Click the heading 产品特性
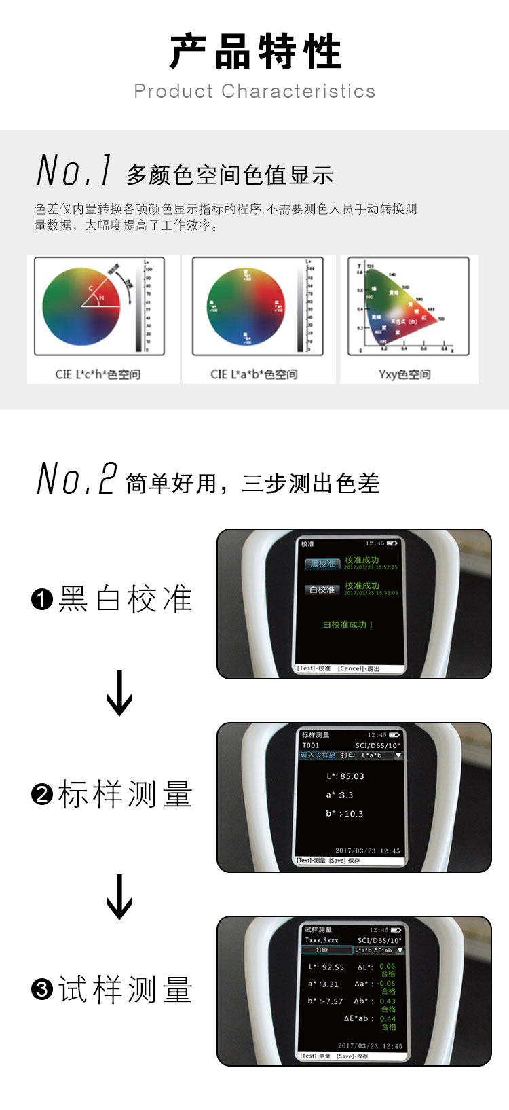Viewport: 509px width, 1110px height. coord(254,52)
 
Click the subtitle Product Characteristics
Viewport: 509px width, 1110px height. coord(254,91)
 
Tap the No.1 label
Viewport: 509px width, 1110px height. coord(74,170)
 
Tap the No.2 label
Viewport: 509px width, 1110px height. coord(76,478)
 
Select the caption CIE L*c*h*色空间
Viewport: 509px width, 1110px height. coord(98,374)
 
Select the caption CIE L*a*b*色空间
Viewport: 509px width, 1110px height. coord(254,374)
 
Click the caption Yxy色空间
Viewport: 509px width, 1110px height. coord(404,374)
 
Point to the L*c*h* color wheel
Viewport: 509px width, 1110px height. coord(81,306)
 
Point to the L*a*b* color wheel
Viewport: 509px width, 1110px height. coord(246,306)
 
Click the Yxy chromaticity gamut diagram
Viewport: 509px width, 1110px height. coord(404,306)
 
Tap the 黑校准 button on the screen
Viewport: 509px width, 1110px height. coord(322,564)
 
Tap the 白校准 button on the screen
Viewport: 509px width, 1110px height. coord(322,590)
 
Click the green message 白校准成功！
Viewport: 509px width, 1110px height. coord(348,625)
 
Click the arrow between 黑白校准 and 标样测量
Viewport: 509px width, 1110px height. coord(119,694)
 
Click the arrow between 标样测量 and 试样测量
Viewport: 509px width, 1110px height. coord(119,897)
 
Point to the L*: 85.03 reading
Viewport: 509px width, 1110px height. coord(345,776)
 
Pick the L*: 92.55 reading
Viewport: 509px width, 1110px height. coord(326,967)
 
